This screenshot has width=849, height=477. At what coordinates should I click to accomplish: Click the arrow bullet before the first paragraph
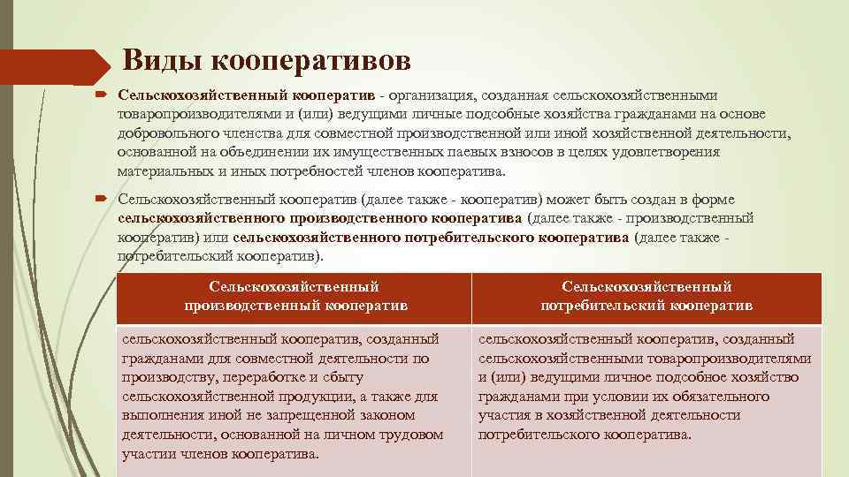click(x=102, y=95)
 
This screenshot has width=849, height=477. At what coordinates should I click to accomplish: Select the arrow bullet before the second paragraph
click(x=102, y=200)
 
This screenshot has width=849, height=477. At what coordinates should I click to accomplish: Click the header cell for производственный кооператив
click(x=294, y=296)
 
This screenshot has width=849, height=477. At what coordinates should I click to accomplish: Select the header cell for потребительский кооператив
click(x=646, y=296)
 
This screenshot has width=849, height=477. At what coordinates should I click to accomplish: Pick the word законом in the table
click(x=388, y=415)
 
